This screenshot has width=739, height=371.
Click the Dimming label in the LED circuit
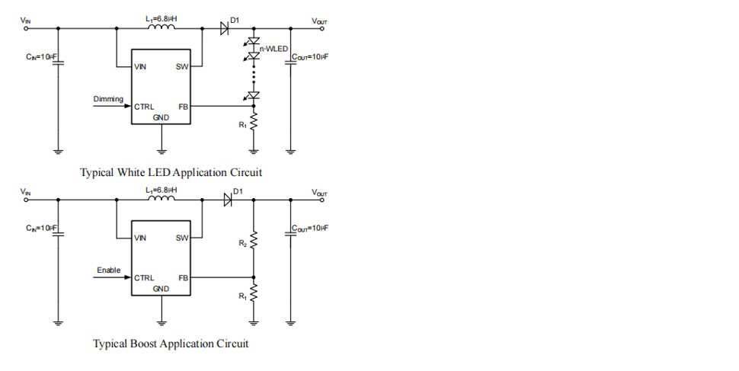point(108,99)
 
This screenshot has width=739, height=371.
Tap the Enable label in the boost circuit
point(109,270)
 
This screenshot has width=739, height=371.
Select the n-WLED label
point(274,49)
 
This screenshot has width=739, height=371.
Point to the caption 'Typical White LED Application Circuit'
point(171,172)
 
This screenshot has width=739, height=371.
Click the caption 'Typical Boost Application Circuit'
point(171,344)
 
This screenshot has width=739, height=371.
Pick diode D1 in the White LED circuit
point(225,28)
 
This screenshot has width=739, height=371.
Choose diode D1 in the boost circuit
point(227,200)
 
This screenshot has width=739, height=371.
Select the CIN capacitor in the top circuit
point(58,62)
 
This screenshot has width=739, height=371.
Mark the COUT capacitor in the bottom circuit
point(290,233)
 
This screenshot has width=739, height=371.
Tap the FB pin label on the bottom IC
point(183,278)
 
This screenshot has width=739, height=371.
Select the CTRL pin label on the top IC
point(144,107)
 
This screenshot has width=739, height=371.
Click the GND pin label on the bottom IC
point(161,289)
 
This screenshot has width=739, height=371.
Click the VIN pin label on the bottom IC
point(140,238)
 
